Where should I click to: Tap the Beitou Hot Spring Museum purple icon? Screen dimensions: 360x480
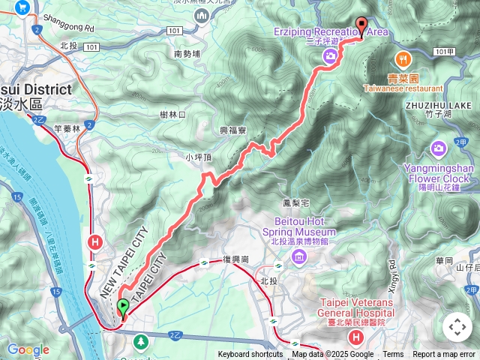pos(300,258)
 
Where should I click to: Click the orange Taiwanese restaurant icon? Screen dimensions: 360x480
pos(403,58)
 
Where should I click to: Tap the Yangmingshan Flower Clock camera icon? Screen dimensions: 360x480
pos(439,148)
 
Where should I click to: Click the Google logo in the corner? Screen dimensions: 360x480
pos(28,349)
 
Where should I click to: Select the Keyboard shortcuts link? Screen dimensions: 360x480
pos(250,355)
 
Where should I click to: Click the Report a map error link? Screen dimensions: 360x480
pos(444,355)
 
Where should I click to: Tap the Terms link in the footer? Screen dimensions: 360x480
pos(393,355)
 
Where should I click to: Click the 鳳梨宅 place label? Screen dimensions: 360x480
pos(275,203)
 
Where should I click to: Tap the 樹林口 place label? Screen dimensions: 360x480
pos(172,115)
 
